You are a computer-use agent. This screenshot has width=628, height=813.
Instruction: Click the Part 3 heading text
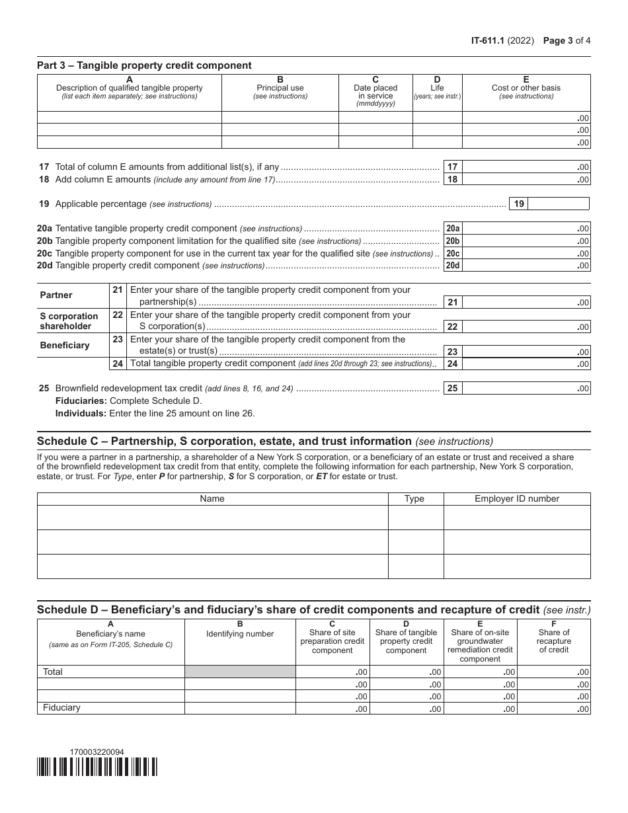[x=144, y=65]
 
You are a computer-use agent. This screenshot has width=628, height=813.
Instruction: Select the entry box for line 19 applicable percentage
[x=559, y=204]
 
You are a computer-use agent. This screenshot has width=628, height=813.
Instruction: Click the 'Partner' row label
[x=56, y=295]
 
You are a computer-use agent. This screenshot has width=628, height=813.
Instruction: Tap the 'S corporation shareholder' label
[x=69, y=321]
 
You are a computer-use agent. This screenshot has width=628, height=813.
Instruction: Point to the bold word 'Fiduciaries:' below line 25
[x=81, y=401]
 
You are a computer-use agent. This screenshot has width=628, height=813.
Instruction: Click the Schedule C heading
[x=224, y=441]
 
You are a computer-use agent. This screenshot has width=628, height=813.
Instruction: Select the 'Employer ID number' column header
[x=516, y=498]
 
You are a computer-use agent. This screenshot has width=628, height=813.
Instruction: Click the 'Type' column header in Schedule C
[x=414, y=498]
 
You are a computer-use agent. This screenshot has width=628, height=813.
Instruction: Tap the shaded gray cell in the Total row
[x=240, y=672]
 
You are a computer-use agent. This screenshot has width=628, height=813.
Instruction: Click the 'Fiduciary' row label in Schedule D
[x=61, y=708]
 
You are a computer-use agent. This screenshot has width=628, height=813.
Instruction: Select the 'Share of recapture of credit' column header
[x=553, y=641]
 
